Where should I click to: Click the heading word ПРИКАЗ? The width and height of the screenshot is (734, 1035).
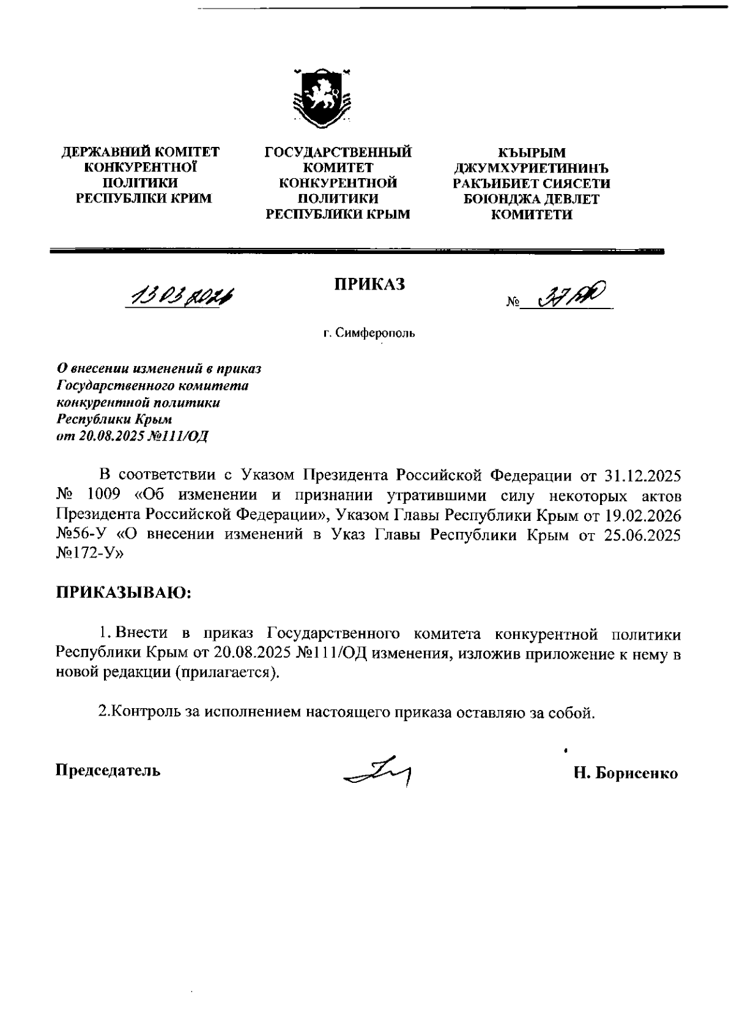pyautogui.click(x=369, y=284)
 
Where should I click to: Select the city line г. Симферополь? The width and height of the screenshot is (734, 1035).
pyautogui.click(x=369, y=334)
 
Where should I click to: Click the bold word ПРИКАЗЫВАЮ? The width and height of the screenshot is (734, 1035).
pyautogui.click(x=124, y=592)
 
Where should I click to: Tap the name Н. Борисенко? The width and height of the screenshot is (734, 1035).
pyautogui.click(x=625, y=773)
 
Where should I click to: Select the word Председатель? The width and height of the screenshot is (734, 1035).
pyautogui.click(x=108, y=770)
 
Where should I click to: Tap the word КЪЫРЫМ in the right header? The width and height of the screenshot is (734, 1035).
pyautogui.click(x=532, y=152)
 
